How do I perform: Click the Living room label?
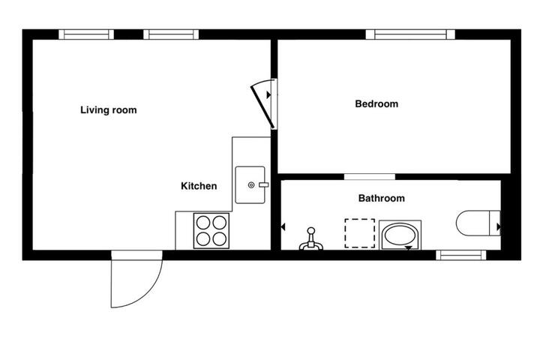109,110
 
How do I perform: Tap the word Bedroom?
376,103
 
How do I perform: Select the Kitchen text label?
199,186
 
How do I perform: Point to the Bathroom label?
381,198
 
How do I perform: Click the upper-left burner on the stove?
203,223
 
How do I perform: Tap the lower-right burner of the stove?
219,238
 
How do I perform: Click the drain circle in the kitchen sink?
251,185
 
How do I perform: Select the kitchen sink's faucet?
263,185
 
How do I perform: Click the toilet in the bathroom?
478,223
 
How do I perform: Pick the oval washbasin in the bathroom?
400,235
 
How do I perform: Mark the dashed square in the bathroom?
359,233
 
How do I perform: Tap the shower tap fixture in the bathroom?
311,239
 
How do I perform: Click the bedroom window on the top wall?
410,34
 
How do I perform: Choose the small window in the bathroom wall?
461,255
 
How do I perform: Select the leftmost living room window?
86,34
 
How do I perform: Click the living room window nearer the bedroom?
171,34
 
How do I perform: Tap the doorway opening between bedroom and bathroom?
370,177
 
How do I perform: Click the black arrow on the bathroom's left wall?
283,227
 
